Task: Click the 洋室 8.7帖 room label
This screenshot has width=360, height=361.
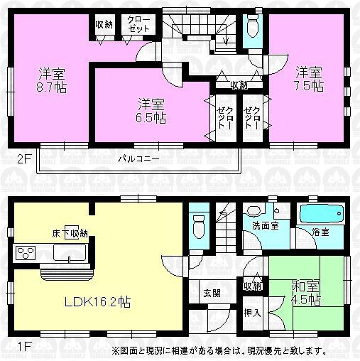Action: tap(49, 80)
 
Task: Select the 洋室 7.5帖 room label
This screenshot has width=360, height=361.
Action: tap(309, 79)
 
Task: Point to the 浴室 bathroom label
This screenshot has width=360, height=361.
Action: tap(321, 232)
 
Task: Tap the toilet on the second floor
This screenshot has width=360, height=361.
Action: tap(252, 27)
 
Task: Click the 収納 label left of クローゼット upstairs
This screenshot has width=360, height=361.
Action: tap(104, 24)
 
